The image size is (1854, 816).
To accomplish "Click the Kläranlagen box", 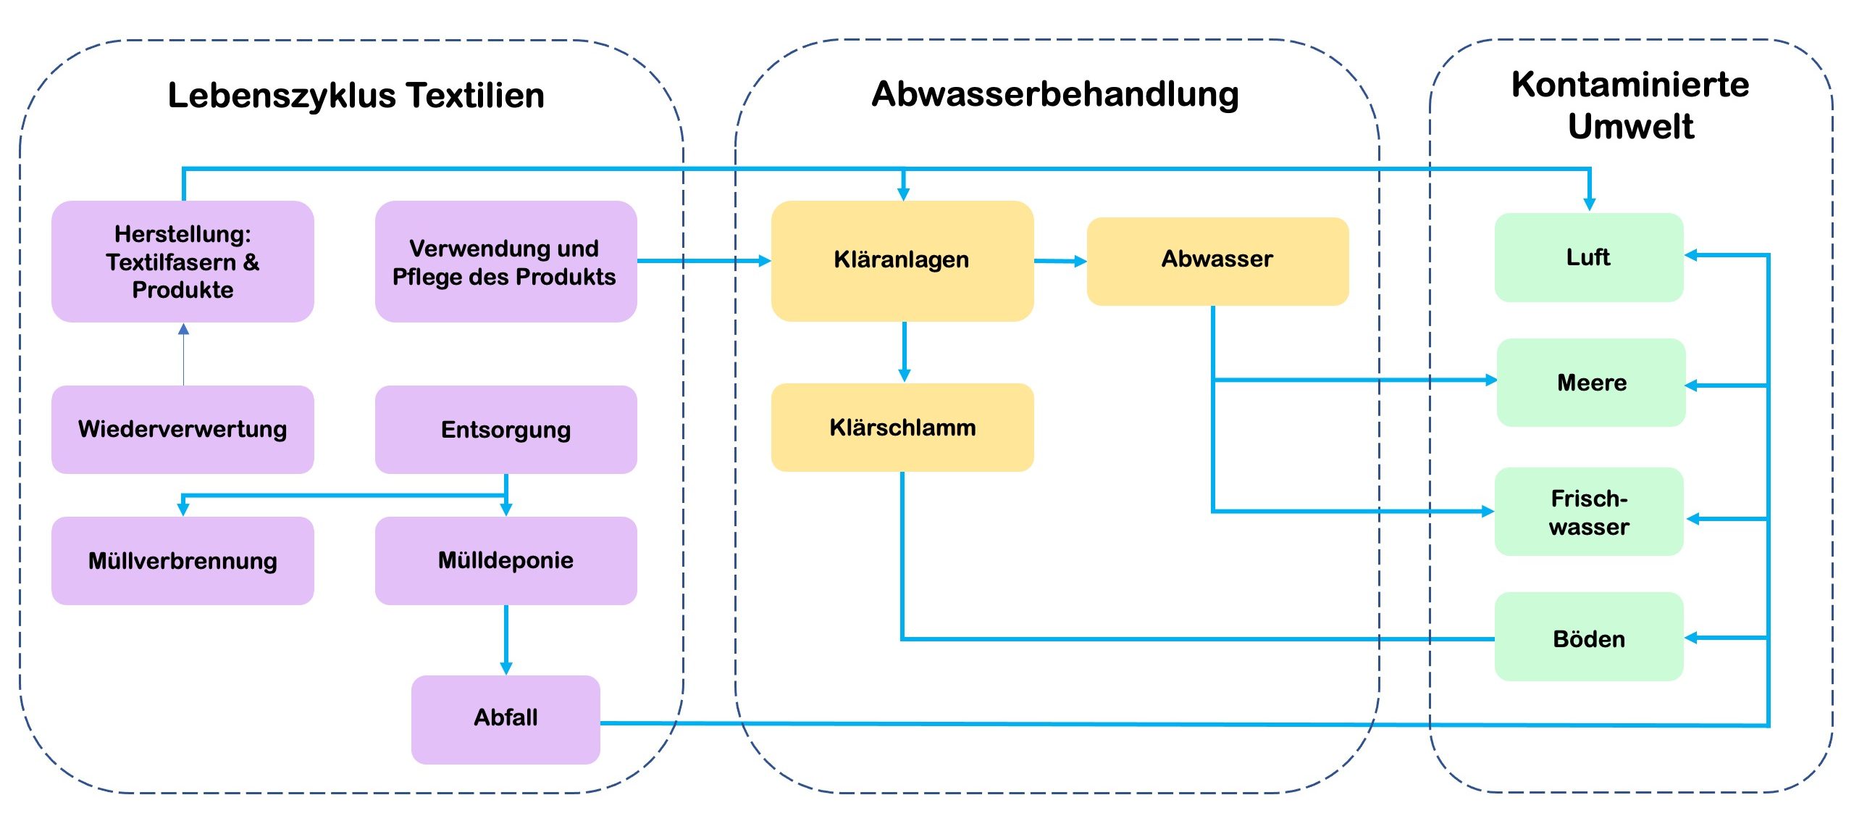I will click(902, 260).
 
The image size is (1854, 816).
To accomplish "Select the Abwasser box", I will click(1217, 260).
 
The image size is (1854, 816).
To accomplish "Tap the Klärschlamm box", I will click(902, 428).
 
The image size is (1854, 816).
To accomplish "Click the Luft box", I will click(1588, 257).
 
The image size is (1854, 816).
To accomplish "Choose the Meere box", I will click(1591, 383).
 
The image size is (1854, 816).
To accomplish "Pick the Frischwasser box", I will click(1588, 512).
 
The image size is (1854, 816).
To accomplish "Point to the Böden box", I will click(1588, 638).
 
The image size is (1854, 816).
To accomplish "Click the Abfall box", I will click(506, 718).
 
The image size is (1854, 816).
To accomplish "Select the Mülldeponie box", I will click(506, 560).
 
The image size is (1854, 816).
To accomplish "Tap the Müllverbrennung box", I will click(183, 560).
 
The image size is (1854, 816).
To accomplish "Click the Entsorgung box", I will click(506, 430).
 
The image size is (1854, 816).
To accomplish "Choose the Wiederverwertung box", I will click(183, 430).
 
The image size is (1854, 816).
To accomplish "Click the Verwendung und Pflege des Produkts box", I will click(506, 262).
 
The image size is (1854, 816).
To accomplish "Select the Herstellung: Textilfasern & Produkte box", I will click(183, 262).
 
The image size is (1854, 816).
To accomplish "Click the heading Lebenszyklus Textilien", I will click(356, 96).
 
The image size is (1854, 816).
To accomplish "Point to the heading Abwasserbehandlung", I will click(1055, 94).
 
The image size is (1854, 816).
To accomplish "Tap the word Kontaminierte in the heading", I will click(1629, 85).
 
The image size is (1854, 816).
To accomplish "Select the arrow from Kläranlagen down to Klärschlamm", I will click(904, 352).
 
